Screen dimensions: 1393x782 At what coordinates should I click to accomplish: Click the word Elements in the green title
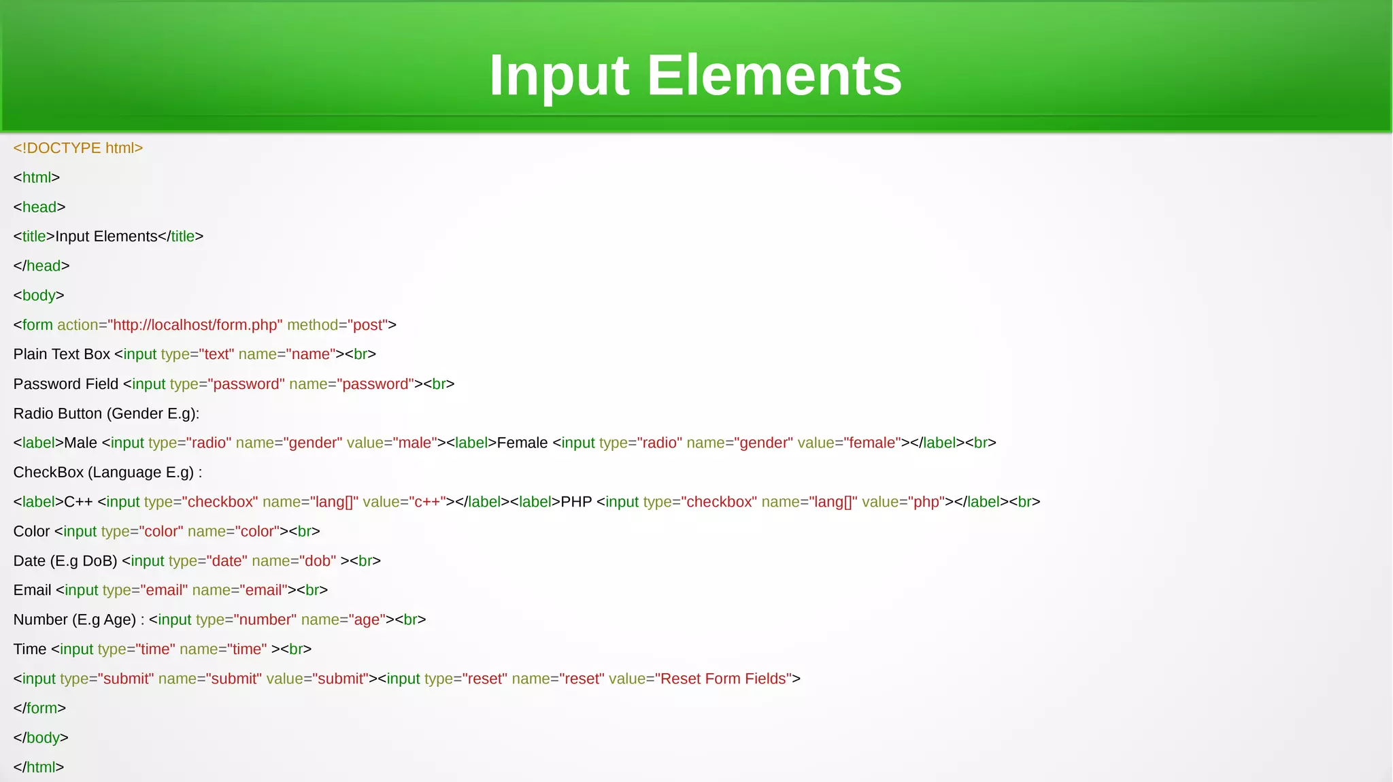click(774, 75)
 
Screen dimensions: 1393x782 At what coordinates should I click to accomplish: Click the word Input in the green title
click(559, 75)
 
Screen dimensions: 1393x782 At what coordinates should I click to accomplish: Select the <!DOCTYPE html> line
click(78, 148)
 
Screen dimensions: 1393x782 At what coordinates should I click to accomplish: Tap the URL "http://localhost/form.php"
click(195, 325)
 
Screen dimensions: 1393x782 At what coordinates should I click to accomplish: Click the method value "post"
click(368, 325)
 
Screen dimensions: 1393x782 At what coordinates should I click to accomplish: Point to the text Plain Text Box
click(62, 354)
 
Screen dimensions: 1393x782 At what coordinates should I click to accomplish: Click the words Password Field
click(66, 384)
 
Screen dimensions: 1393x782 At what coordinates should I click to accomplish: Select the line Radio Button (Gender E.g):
click(106, 413)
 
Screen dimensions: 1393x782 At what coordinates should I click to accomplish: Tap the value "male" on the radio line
click(415, 443)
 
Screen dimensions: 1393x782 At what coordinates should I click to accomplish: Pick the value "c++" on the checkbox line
click(427, 502)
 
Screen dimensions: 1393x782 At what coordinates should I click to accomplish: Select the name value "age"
click(367, 619)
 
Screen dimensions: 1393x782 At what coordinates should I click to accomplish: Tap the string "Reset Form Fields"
click(725, 679)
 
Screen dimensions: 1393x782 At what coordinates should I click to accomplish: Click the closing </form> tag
click(39, 709)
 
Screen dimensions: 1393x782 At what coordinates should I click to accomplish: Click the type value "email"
click(164, 590)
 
